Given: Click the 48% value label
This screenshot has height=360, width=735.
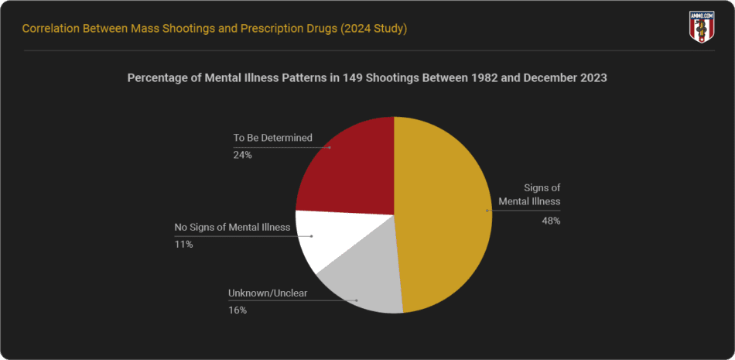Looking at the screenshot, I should [551, 221].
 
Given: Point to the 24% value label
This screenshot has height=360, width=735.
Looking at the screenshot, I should [243, 154].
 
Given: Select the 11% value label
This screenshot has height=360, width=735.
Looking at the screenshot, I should [183, 245].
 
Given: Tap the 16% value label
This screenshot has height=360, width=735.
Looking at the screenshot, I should [237, 310].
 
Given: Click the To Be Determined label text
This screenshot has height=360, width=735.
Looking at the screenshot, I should [272, 138].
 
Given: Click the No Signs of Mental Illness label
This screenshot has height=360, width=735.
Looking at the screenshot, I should [232, 228].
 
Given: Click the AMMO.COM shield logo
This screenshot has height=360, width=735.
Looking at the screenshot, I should [700, 26].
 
